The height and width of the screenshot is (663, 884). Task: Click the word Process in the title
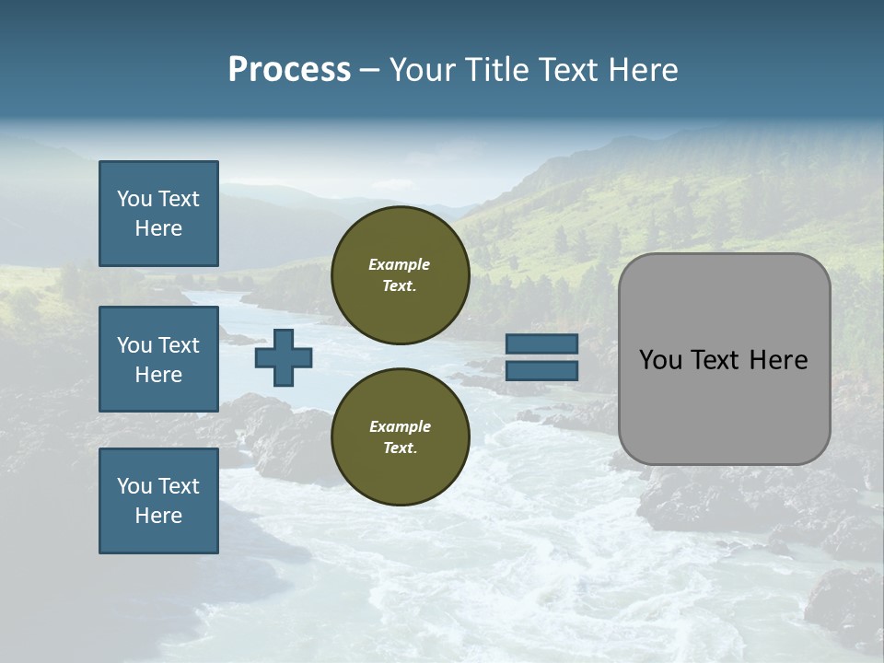point(289,70)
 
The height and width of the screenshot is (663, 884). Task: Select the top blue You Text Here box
point(158,214)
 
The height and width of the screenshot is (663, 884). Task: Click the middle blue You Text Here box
point(158,359)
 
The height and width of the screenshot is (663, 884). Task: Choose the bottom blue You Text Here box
point(158,501)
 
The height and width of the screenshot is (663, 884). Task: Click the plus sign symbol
point(284,357)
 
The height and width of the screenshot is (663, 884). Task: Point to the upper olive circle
point(400,274)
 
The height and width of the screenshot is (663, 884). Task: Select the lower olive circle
point(400,436)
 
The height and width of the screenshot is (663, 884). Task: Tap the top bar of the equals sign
point(541,344)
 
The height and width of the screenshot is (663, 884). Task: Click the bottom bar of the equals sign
point(541,370)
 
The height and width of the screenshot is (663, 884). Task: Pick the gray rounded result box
point(724,359)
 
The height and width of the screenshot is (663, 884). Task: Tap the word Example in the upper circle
point(400,264)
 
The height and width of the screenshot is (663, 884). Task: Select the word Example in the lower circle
point(400,426)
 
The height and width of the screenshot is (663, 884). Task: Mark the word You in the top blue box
point(134,199)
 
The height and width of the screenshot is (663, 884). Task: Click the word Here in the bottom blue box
point(158,516)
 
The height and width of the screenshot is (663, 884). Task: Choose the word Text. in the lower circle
point(400,448)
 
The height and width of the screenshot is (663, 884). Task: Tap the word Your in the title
point(423,70)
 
